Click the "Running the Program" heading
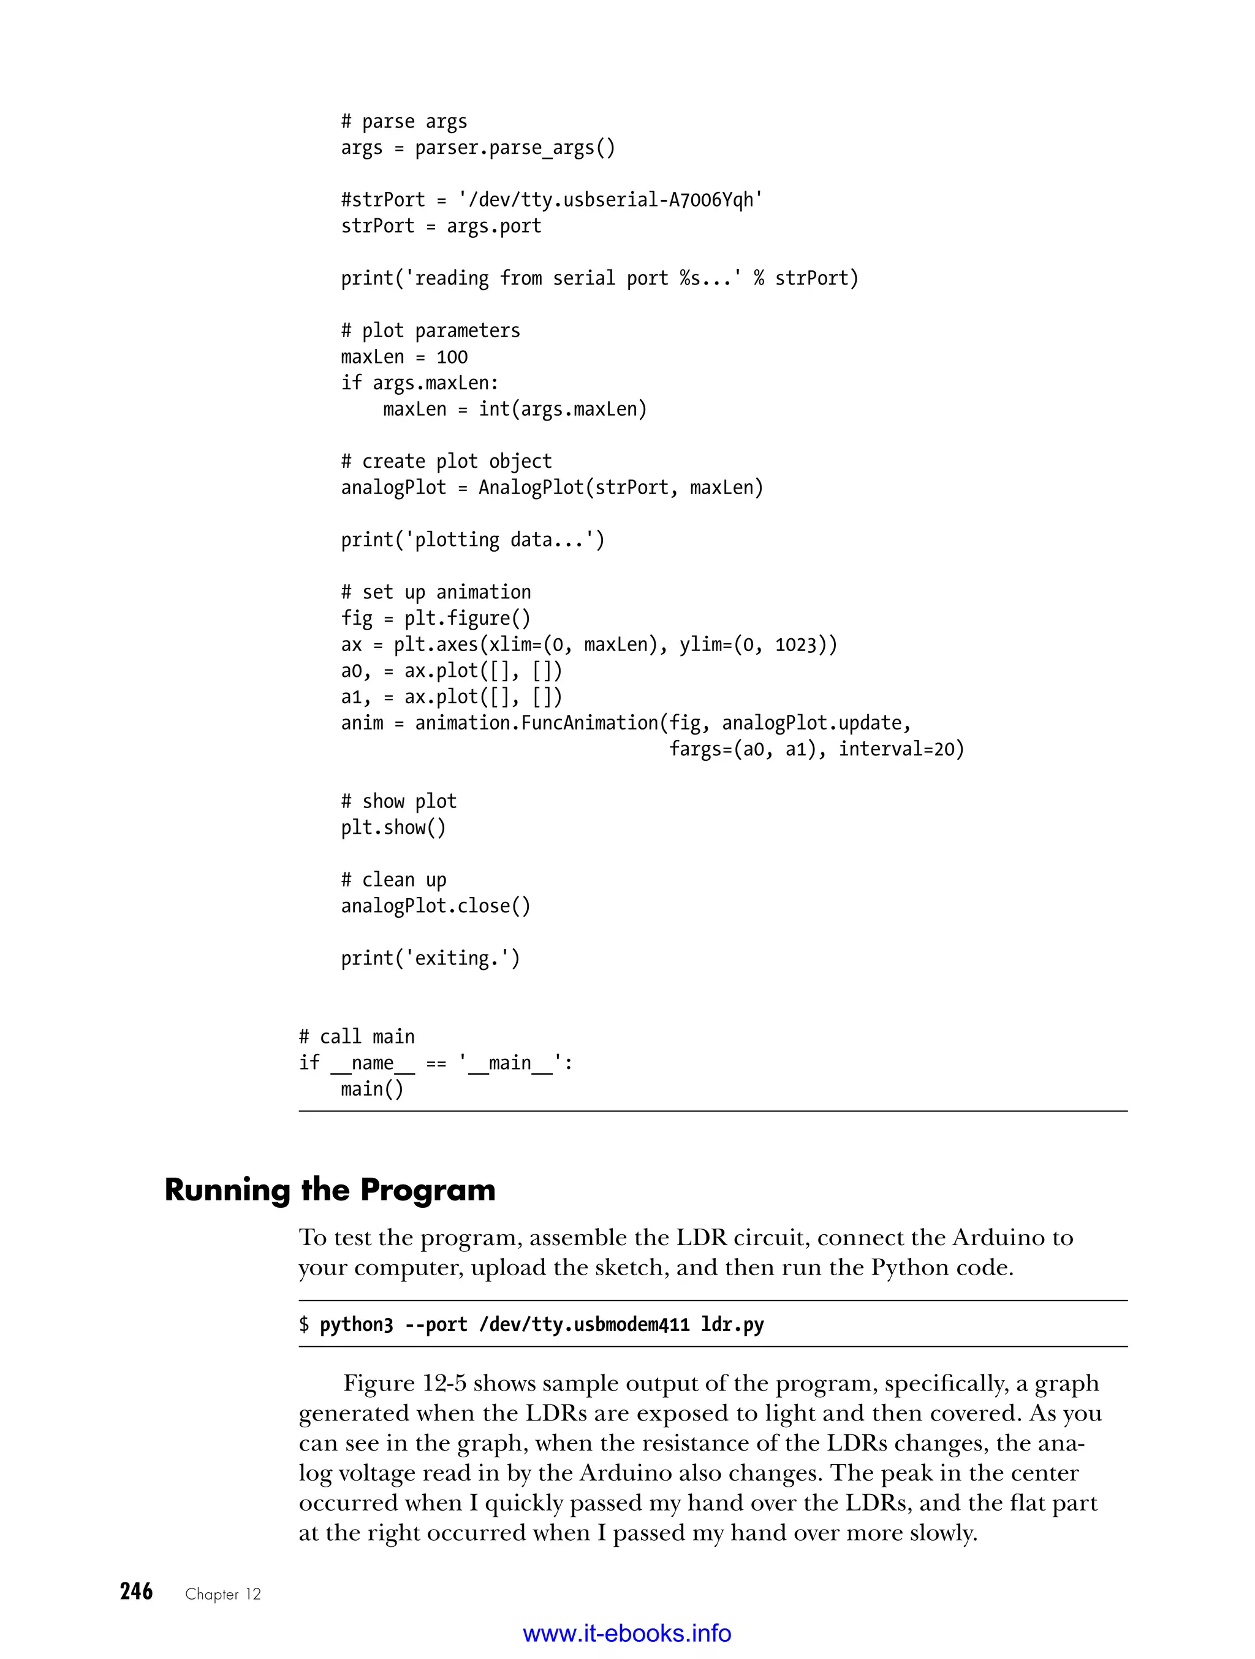[330, 1190]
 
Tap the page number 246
[137, 1592]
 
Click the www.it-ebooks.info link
[627, 1633]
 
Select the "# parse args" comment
[403, 121]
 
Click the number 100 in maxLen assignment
[452, 357]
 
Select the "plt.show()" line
[393, 828]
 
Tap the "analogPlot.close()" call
[436, 906]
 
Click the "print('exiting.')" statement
[430, 958]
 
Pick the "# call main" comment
[357, 1037]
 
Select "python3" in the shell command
[356, 1324]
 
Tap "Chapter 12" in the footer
[222, 1594]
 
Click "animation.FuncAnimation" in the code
[537, 723]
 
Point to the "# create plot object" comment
[446, 461]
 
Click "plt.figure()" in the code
[467, 619]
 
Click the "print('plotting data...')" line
[472, 540]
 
